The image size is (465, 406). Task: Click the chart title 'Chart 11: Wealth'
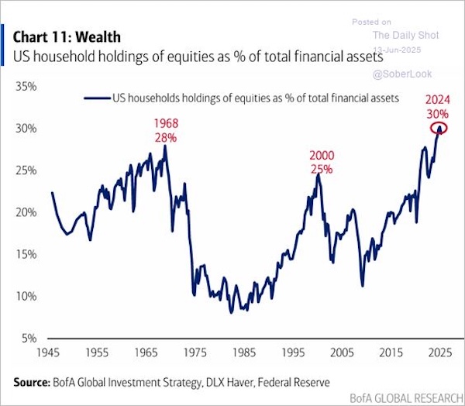(67, 37)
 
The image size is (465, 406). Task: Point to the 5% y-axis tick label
(29, 338)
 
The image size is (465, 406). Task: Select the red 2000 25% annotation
(319, 161)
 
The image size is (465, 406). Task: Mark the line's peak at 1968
(165, 145)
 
